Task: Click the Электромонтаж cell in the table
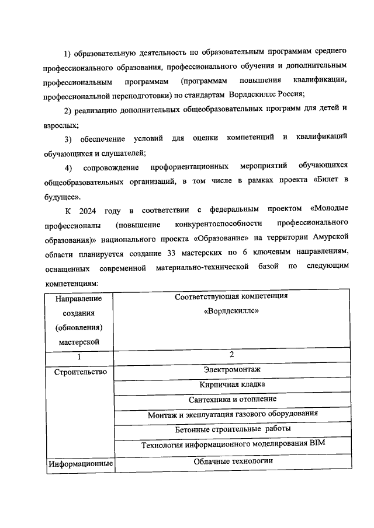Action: (x=232, y=369)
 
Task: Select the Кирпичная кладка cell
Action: (x=232, y=384)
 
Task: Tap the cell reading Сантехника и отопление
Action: (x=232, y=400)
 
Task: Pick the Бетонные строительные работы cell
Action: (x=232, y=429)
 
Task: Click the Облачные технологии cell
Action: (x=232, y=461)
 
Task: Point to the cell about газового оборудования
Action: (x=232, y=414)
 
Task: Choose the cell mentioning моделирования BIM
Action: (x=232, y=444)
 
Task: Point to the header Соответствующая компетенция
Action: (x=232, y=296)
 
